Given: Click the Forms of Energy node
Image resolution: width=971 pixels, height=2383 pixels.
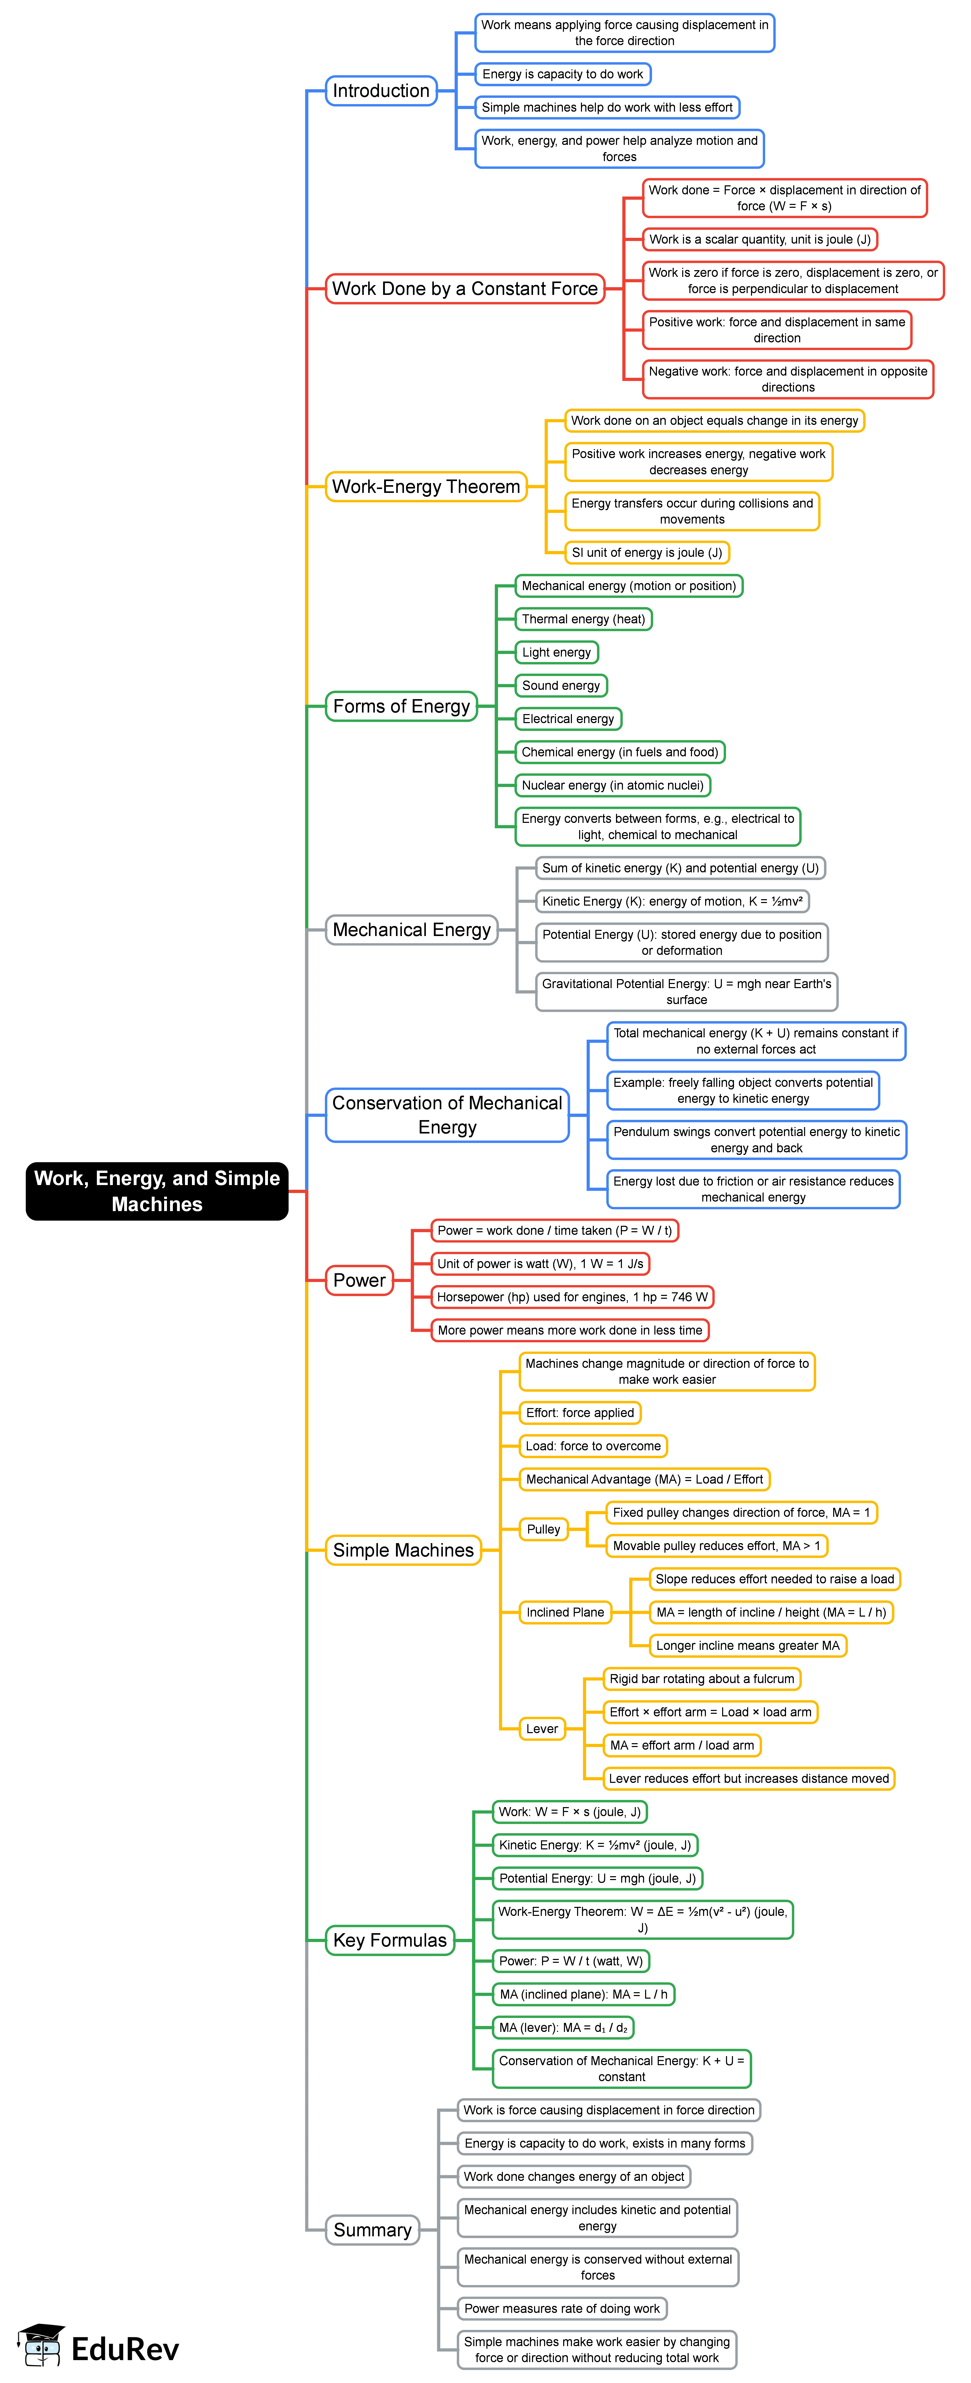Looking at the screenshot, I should pos(401,706).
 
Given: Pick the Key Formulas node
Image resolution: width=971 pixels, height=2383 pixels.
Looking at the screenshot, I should pos(389,1940).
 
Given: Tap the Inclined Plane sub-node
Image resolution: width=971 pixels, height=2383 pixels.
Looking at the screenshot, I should pos(565,1612).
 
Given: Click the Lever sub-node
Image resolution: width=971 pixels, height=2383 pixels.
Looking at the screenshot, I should pos(542,1729).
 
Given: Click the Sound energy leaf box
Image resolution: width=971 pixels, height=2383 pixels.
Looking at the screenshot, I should pos(560,685).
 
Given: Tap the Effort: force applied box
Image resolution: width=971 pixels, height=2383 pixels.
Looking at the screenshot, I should pos(580,1413).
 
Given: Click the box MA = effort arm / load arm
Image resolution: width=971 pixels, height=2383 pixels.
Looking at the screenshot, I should pos(681,1746).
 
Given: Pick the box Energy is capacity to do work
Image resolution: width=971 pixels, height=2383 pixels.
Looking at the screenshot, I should pos(562,74).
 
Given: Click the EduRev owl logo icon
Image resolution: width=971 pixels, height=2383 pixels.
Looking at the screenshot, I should pos(42,2345).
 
